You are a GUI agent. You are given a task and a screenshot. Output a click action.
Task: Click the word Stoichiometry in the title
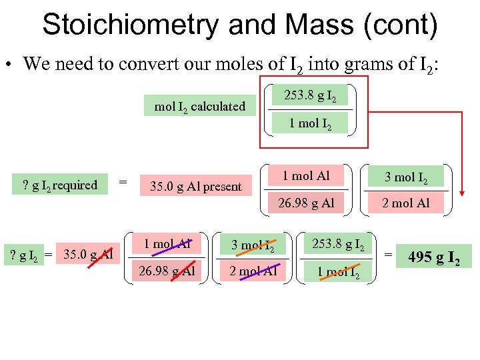tap(130, 25)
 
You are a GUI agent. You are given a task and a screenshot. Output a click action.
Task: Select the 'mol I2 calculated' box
tap(200, 106)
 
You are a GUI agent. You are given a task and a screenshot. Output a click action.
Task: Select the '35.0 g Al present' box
tap(195, 187)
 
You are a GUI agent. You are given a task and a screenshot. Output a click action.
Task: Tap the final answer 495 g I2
tap(433, 256)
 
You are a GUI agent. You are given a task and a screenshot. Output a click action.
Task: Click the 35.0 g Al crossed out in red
tap(88, 255)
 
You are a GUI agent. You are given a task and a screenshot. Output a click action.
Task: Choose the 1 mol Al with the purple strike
tap(167, 244)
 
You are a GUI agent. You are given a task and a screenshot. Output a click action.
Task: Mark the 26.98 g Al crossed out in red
tap(167, 271)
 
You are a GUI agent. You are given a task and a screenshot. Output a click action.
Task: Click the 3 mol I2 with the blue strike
tap(253, 245)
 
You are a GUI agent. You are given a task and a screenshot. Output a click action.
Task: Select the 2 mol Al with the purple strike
tap(253, 271)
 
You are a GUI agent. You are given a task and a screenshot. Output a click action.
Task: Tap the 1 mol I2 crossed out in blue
tap(337, 271)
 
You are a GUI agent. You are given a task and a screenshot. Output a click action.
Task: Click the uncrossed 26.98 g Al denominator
tap(305, 203)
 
